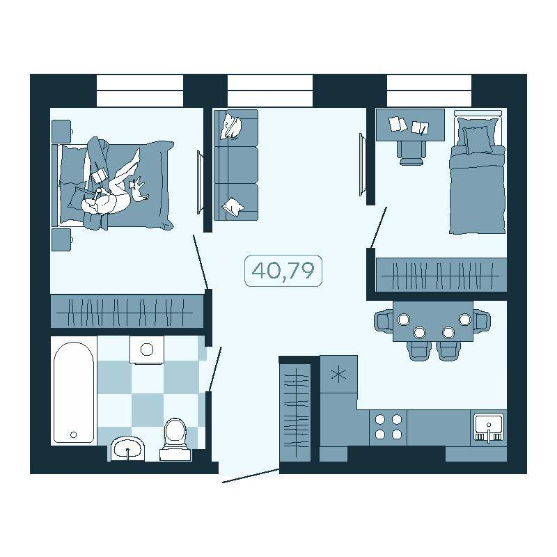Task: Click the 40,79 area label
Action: click(283, 270)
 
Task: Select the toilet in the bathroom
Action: click(175, 439)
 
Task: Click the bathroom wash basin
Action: click(127, 449)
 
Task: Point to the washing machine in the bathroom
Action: click(147, 350)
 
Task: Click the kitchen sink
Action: click(489, 427)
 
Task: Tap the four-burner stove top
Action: click(389, 427)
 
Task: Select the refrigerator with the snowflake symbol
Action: click(338, 374)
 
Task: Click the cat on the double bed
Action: click(138, 190)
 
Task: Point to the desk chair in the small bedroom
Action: click(411, 152)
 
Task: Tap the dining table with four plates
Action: click(433, 321)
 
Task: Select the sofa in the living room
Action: click(235, 165)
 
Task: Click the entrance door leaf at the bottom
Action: click(251, 476)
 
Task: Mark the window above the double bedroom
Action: click(140, 91)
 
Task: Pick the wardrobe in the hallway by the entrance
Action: click(295, 412)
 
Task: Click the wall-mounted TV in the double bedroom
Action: click(201, 182)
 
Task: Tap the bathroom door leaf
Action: click(215, 370)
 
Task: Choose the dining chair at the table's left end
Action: click(384, 320)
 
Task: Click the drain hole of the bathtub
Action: click(74, 434)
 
